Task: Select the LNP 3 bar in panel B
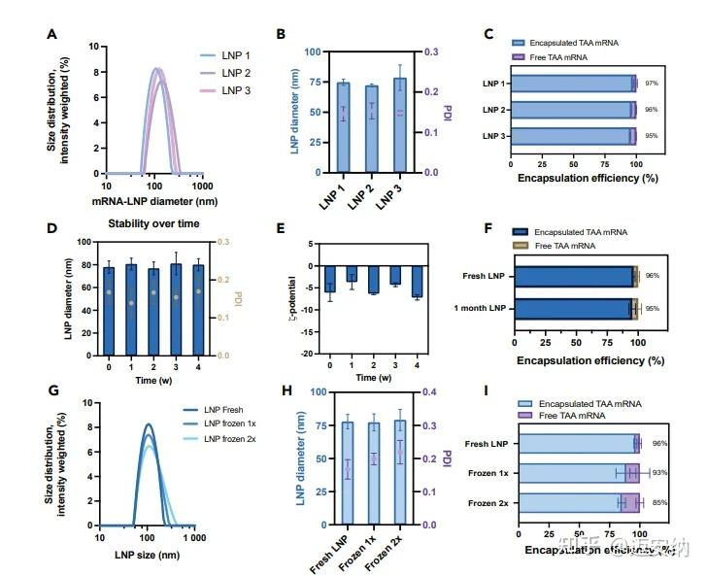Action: [399, 126]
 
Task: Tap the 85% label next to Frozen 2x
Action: [658, 502]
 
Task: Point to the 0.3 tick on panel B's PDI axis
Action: [434, 51]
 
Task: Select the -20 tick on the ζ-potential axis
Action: [303, 354]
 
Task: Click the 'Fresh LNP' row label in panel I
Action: [488, 444]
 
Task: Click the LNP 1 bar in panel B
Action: [343, 127]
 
